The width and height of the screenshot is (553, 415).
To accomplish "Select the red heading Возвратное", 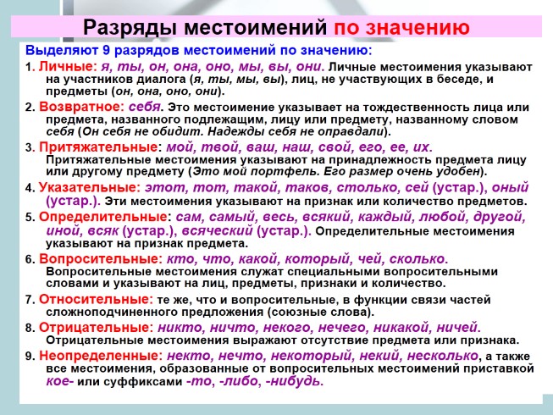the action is [80, 107].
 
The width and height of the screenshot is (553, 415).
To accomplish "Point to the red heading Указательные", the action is [87, 187].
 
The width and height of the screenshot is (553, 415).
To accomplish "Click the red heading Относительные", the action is [95, 299].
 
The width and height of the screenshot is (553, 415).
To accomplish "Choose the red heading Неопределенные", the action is [98, 356].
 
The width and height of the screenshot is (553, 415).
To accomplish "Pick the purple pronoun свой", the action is [335, 147].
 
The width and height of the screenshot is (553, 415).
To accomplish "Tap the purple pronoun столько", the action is [368, 187].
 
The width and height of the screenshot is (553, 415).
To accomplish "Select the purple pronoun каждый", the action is [385, 217].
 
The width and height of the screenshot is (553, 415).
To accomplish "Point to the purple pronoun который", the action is [318, 259].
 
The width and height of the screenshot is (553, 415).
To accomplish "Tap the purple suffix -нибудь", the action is [294, 381].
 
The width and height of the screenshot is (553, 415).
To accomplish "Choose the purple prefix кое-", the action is [59, 381].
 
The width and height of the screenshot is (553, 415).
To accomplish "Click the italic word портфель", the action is [285, 172].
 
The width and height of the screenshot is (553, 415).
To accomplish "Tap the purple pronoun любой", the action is [443, 217].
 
